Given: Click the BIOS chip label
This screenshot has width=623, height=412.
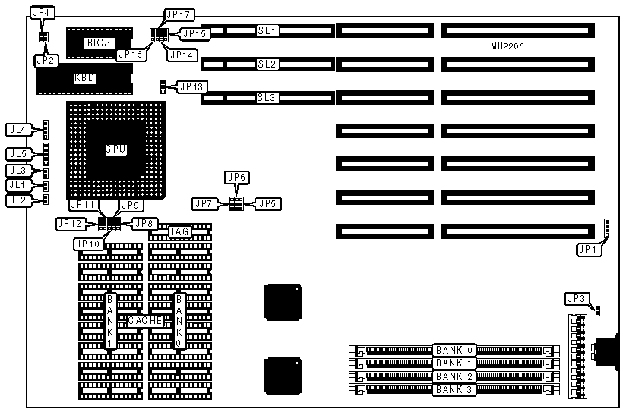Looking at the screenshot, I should tap(99, 42).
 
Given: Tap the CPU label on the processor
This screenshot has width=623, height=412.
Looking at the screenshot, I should tap(115, 149).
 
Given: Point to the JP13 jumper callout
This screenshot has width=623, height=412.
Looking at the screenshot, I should tap(191, 86).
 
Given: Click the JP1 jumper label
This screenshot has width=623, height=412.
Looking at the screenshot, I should tap(587, 247).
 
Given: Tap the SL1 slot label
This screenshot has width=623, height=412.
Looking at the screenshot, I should tap(267, 30).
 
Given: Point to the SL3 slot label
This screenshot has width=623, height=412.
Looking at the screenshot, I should tap(267, 97).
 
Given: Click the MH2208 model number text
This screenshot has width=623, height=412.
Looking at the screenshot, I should tap(508, 46).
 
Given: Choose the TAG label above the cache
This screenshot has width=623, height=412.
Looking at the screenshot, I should tap(179, 231).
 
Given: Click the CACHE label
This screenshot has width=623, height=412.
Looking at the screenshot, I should tap(144, 321).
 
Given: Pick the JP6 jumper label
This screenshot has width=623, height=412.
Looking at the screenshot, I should tap(237, 177).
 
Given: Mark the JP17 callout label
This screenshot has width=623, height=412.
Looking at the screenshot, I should tap(176, 14).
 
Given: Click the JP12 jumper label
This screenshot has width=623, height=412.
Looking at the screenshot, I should tap(69, 223).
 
